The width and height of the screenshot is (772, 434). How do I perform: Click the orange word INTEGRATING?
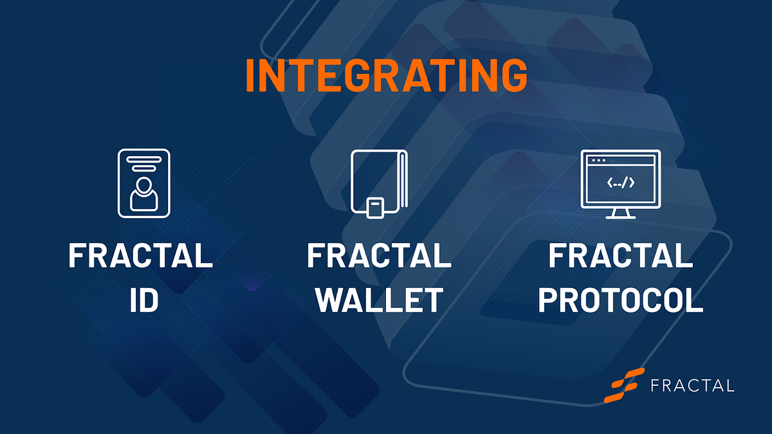(x=386, y=75)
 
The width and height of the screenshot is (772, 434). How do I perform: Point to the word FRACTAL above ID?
(x=141, y=256)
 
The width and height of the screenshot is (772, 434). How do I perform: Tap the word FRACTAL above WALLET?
(x=379, y=256)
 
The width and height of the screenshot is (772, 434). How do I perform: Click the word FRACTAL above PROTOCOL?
(x=620, y=256)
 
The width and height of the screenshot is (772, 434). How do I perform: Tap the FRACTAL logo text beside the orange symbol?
(x=692, y=386)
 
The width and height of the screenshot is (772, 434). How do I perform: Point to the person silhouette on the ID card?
(x=143, y=194)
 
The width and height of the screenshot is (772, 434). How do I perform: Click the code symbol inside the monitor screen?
(x=620, y=183)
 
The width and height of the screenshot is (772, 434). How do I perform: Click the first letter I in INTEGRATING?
(x=251, y=75)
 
